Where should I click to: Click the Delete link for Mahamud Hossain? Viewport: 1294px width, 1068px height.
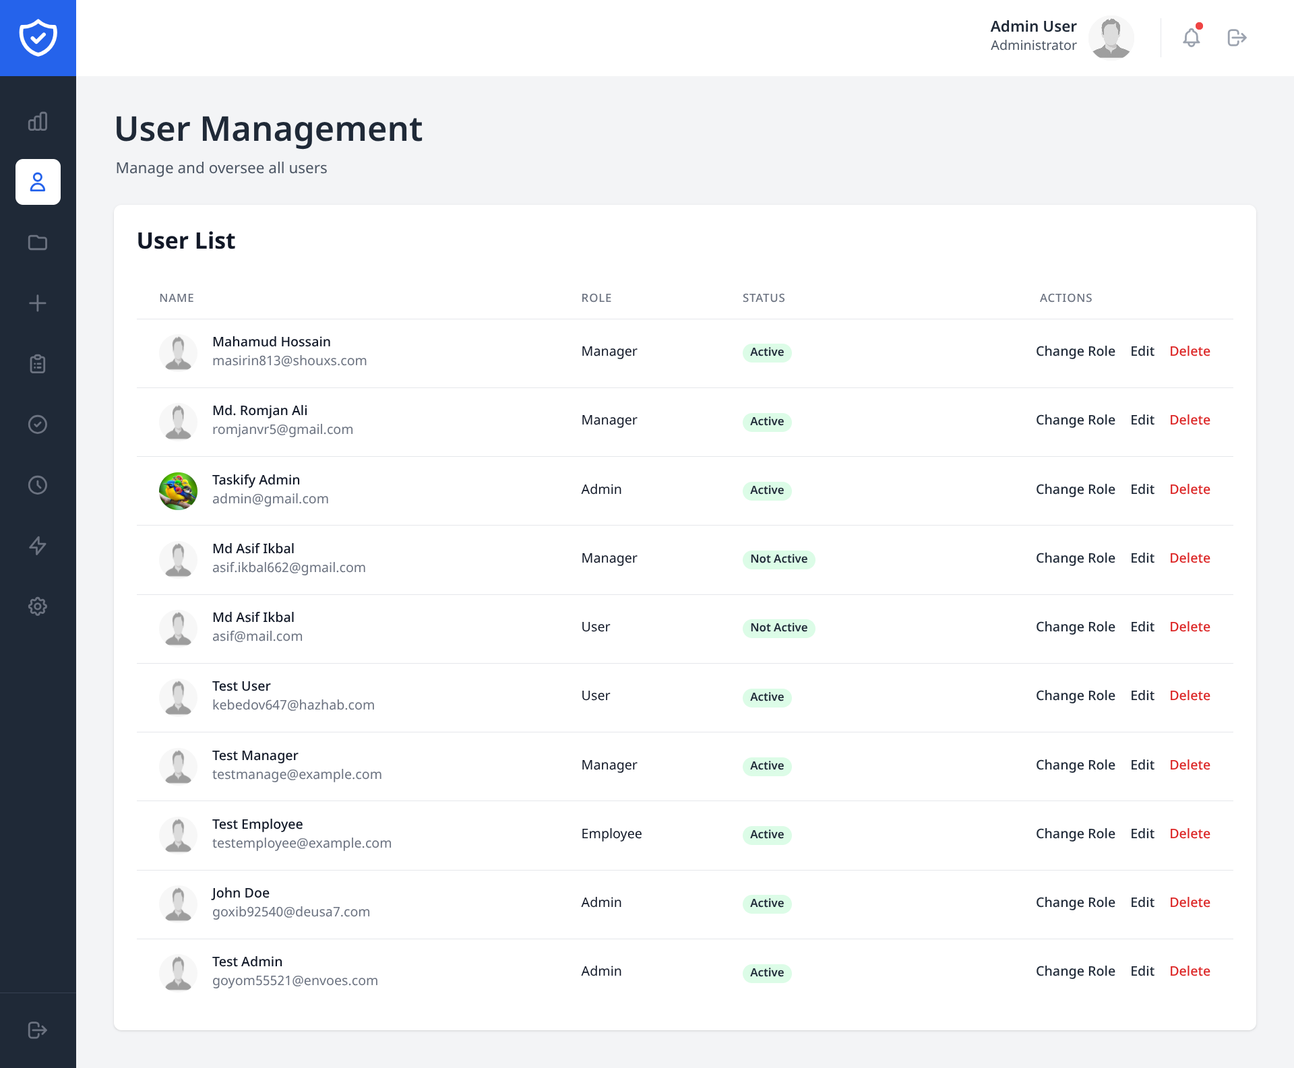point(1190,351)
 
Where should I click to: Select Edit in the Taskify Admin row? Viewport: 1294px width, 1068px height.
point(1142,489)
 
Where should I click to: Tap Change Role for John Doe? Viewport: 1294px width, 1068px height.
point(1075,902)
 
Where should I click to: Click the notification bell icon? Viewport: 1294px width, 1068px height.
point(1191,38)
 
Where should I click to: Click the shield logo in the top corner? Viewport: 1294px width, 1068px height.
point(38,38)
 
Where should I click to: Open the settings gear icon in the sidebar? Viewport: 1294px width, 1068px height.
point(38,606)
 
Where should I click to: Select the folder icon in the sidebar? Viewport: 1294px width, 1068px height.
point(38,243)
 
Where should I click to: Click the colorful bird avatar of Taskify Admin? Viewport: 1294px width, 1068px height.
point(178,491)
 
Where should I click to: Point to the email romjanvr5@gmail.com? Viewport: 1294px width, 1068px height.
point(282,429)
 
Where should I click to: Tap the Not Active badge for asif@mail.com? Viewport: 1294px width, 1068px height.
point(778,627)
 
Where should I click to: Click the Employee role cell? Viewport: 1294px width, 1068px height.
point(611,834)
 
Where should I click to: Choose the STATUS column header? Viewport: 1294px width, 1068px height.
point(764,298)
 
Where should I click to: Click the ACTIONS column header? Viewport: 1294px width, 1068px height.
point(1066,298)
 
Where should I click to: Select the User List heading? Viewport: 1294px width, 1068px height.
point(186,241)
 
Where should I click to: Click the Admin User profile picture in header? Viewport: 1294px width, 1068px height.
point(1111,38)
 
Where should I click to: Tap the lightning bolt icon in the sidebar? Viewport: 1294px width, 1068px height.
point(38,546)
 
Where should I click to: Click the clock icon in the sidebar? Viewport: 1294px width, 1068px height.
point(38,485)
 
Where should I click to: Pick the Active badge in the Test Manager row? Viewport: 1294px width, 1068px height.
point(767,765)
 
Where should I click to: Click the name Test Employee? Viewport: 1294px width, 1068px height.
point(257,824)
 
